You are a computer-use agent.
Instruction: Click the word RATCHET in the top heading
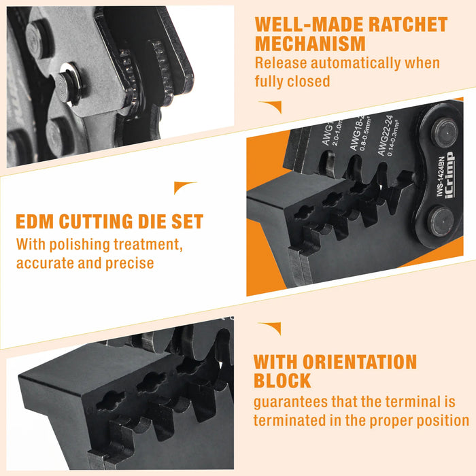tap(406, 25)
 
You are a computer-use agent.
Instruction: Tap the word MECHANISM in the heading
tap(310, 44)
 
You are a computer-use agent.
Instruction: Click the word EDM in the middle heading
tap(37, 222)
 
